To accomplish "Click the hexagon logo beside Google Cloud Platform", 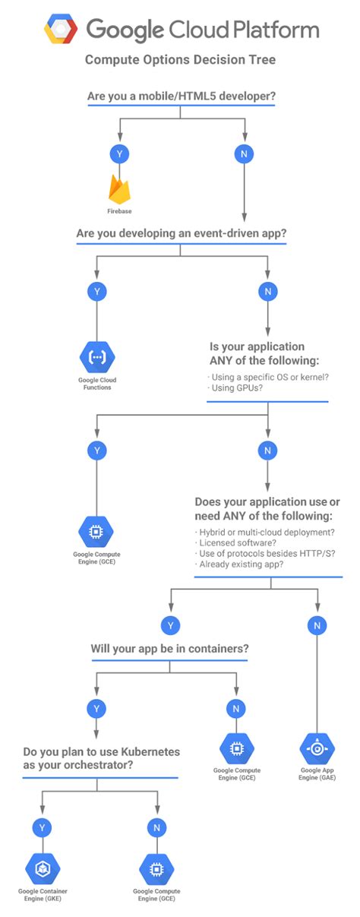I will (61, 30).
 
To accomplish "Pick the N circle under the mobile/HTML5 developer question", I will (243, 154).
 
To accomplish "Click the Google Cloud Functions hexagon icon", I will (96, 356).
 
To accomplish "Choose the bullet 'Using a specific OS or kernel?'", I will (267, 377).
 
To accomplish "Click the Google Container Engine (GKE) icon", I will (42, 869).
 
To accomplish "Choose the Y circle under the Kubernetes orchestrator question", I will (42, 826).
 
